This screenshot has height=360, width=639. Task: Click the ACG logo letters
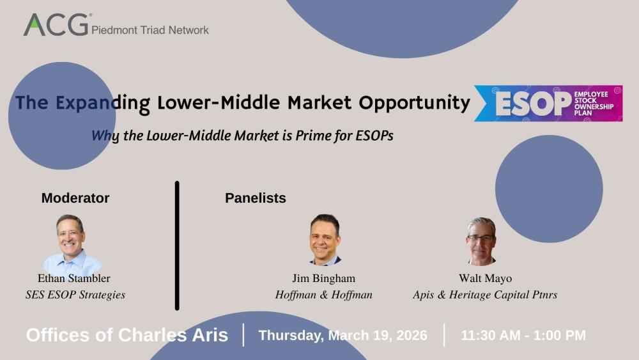pyautogui.click(x=56, y=25)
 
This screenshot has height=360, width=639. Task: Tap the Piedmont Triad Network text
pyautogui.click(x=150, y=29)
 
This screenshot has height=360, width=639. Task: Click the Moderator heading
pyautogui.click(x=75, y=198)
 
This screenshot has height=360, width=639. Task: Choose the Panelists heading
pyautogui.click(x=256, y=198)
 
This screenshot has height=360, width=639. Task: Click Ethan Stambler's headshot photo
pyautogui.click(x=70, y=243)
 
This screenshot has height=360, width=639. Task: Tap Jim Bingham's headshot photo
pyautogui.click(x=325, y=240)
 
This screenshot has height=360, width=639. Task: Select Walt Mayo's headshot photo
pyautogui.click(x=481, y=241)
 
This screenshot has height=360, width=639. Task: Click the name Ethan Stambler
pyautogui.click(x=74, y=278)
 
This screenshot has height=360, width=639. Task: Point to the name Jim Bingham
pyautogui.click(x=323, y=278)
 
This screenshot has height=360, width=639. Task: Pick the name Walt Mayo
pyautogui.click(x=485, y=278)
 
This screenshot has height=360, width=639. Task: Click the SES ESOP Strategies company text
pyautogui.click(x=75, y=295)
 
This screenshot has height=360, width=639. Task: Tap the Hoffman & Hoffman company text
pyautogui.click(x=324, y=295)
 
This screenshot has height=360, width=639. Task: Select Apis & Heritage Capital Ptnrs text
pyautogui.click(x=485, y=295)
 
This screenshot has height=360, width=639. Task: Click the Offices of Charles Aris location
pyautogui.click(x=127, y=335)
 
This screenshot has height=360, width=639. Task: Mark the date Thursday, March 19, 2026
pyautogui.click(x=343, y=335)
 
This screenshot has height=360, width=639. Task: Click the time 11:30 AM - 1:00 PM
pyautogui.click(x=523, y=335)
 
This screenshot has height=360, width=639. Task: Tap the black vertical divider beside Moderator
pyautogui.click(x=177, y=246)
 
